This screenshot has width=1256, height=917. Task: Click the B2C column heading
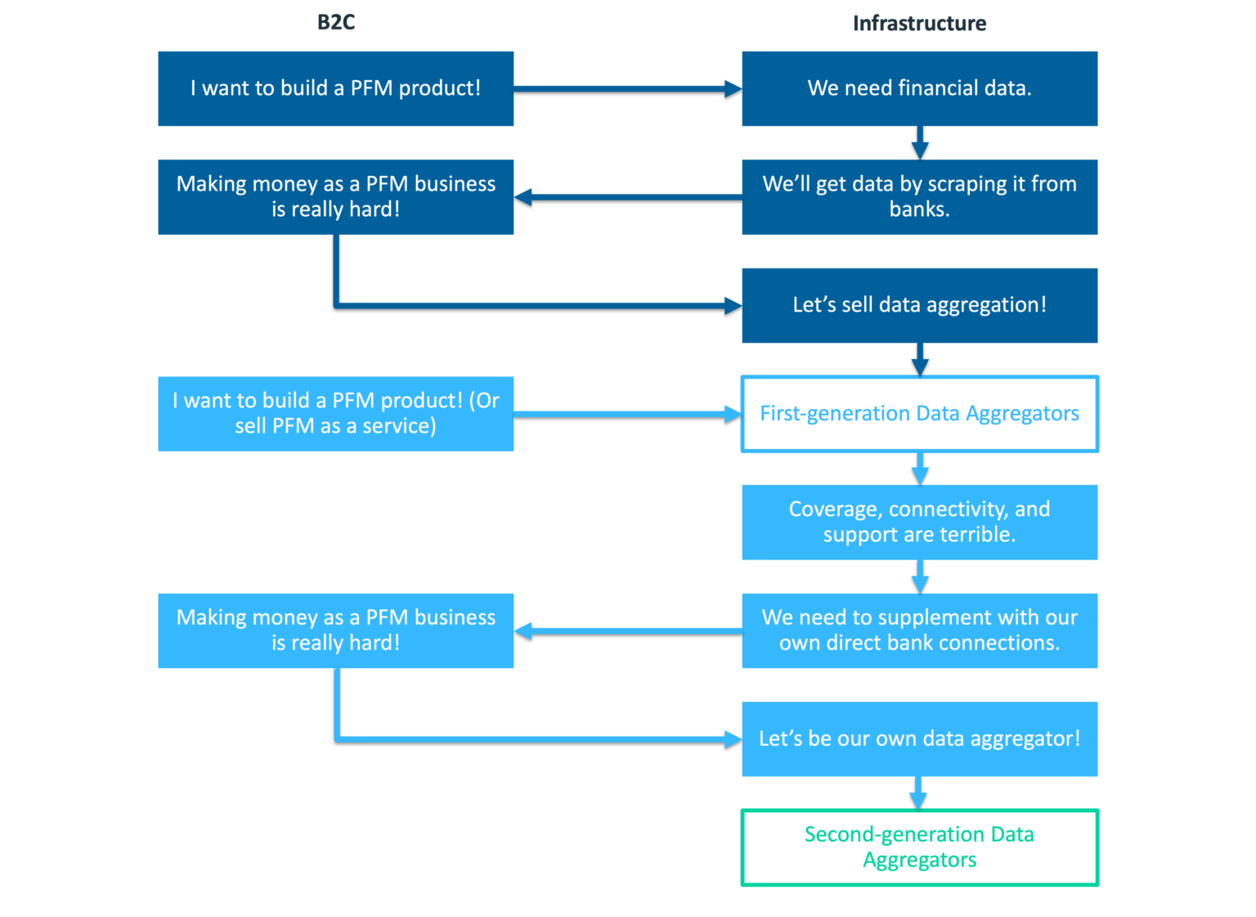click(335, 22)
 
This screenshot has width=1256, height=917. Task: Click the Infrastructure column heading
click(919, 23)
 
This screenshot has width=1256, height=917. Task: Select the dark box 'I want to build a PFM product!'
click(335, 88)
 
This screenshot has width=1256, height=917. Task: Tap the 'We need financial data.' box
click(919, 88)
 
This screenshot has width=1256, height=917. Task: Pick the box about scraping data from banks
click(919, 196)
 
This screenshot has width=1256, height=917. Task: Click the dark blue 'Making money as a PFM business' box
click(335, 196)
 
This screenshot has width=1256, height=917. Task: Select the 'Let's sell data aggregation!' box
click(919, 305)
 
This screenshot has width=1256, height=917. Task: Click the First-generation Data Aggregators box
click(919, 413)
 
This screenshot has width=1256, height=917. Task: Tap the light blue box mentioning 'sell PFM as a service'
click(335, 413)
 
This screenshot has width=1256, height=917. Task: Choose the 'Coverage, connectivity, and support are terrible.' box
click(919, 522)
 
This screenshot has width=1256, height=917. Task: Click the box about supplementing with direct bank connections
click(919, 630)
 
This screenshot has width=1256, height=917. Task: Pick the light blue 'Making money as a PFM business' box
click(335, 630)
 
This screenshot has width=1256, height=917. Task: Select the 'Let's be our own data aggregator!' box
click(919, 739)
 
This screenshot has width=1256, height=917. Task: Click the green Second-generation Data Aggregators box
click(919, 847)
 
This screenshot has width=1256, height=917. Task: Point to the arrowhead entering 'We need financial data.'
click(733, 89)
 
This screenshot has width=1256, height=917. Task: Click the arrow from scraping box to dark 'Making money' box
click(630, 197)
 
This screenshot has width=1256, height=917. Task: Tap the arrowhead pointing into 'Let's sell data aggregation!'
click(733, 306)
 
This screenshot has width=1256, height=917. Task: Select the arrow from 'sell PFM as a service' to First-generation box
click(626, 415)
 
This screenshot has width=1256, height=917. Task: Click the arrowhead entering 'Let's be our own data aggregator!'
click(733, 739)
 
